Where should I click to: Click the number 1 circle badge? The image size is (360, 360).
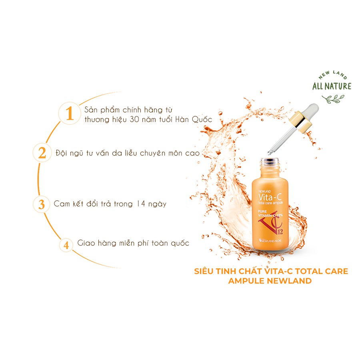(70, 114)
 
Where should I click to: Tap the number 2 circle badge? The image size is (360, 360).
(42, 153)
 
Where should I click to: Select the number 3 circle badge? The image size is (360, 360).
(42, 204)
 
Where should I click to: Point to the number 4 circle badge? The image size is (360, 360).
(66, 244)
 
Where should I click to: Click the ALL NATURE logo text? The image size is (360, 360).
(332, 86)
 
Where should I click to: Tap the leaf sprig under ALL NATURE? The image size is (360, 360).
(332, 98)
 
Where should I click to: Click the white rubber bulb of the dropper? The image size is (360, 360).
(312, 108)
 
